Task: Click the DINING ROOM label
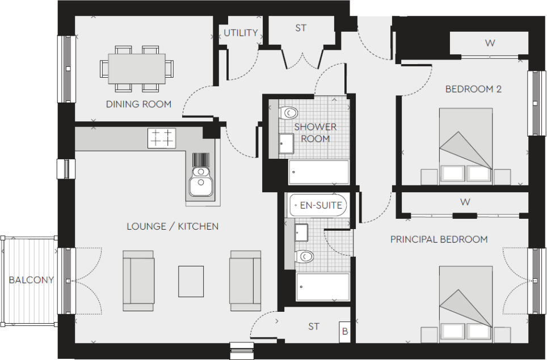point(138,104)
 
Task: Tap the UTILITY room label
point(241,33)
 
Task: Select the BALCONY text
point(31,279)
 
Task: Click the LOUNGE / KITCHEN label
point(172,226)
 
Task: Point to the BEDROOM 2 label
point(473,89)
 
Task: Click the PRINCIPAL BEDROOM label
point(439,239)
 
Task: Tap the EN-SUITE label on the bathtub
point(321,205)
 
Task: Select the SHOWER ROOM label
point(315,133)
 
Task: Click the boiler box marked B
point(344,332)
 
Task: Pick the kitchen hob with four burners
point(162,138)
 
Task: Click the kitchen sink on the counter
point(200,180)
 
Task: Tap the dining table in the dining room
point(137,69)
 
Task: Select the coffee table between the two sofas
point(191,281)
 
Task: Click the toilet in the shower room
point(289,112)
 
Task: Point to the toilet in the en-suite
point(305,257)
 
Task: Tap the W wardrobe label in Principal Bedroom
point(465,201)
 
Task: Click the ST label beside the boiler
point(314,327)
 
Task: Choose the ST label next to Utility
point(301,27)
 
